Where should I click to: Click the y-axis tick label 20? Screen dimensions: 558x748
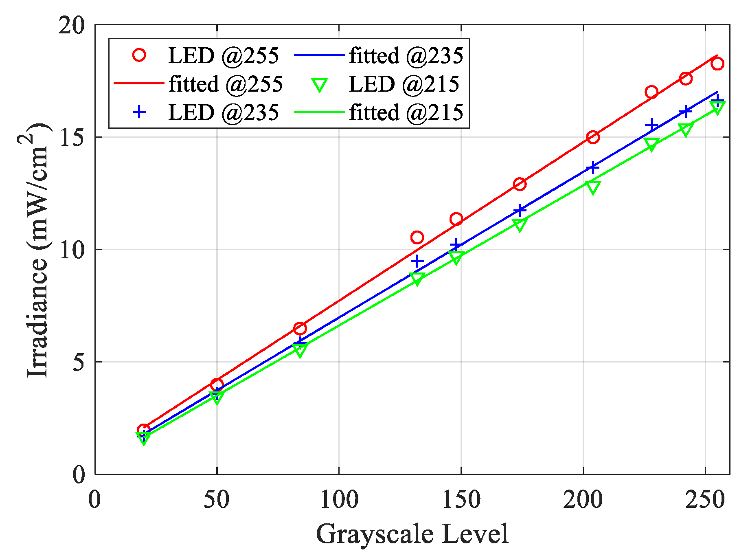point(72,26)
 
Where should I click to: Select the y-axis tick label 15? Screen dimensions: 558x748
point(72,138)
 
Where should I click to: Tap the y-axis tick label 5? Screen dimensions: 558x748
point(79,362)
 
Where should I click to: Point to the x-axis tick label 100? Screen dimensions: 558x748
point(339,499)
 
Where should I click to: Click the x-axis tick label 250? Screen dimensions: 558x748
point(705,499)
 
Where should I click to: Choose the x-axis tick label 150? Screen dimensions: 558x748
point(461,499)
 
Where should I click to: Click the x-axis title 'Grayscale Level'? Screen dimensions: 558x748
point(412,534)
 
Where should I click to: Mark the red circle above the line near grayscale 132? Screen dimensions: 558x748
point(417,237)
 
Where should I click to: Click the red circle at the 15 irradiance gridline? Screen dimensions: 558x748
point(593,137)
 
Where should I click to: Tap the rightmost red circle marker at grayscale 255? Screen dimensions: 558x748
point(717,64)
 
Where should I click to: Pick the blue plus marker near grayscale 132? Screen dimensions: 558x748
point(417,261)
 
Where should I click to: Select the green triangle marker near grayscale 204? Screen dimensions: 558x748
point(593,187)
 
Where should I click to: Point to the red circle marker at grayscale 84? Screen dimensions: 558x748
point(300,328)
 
